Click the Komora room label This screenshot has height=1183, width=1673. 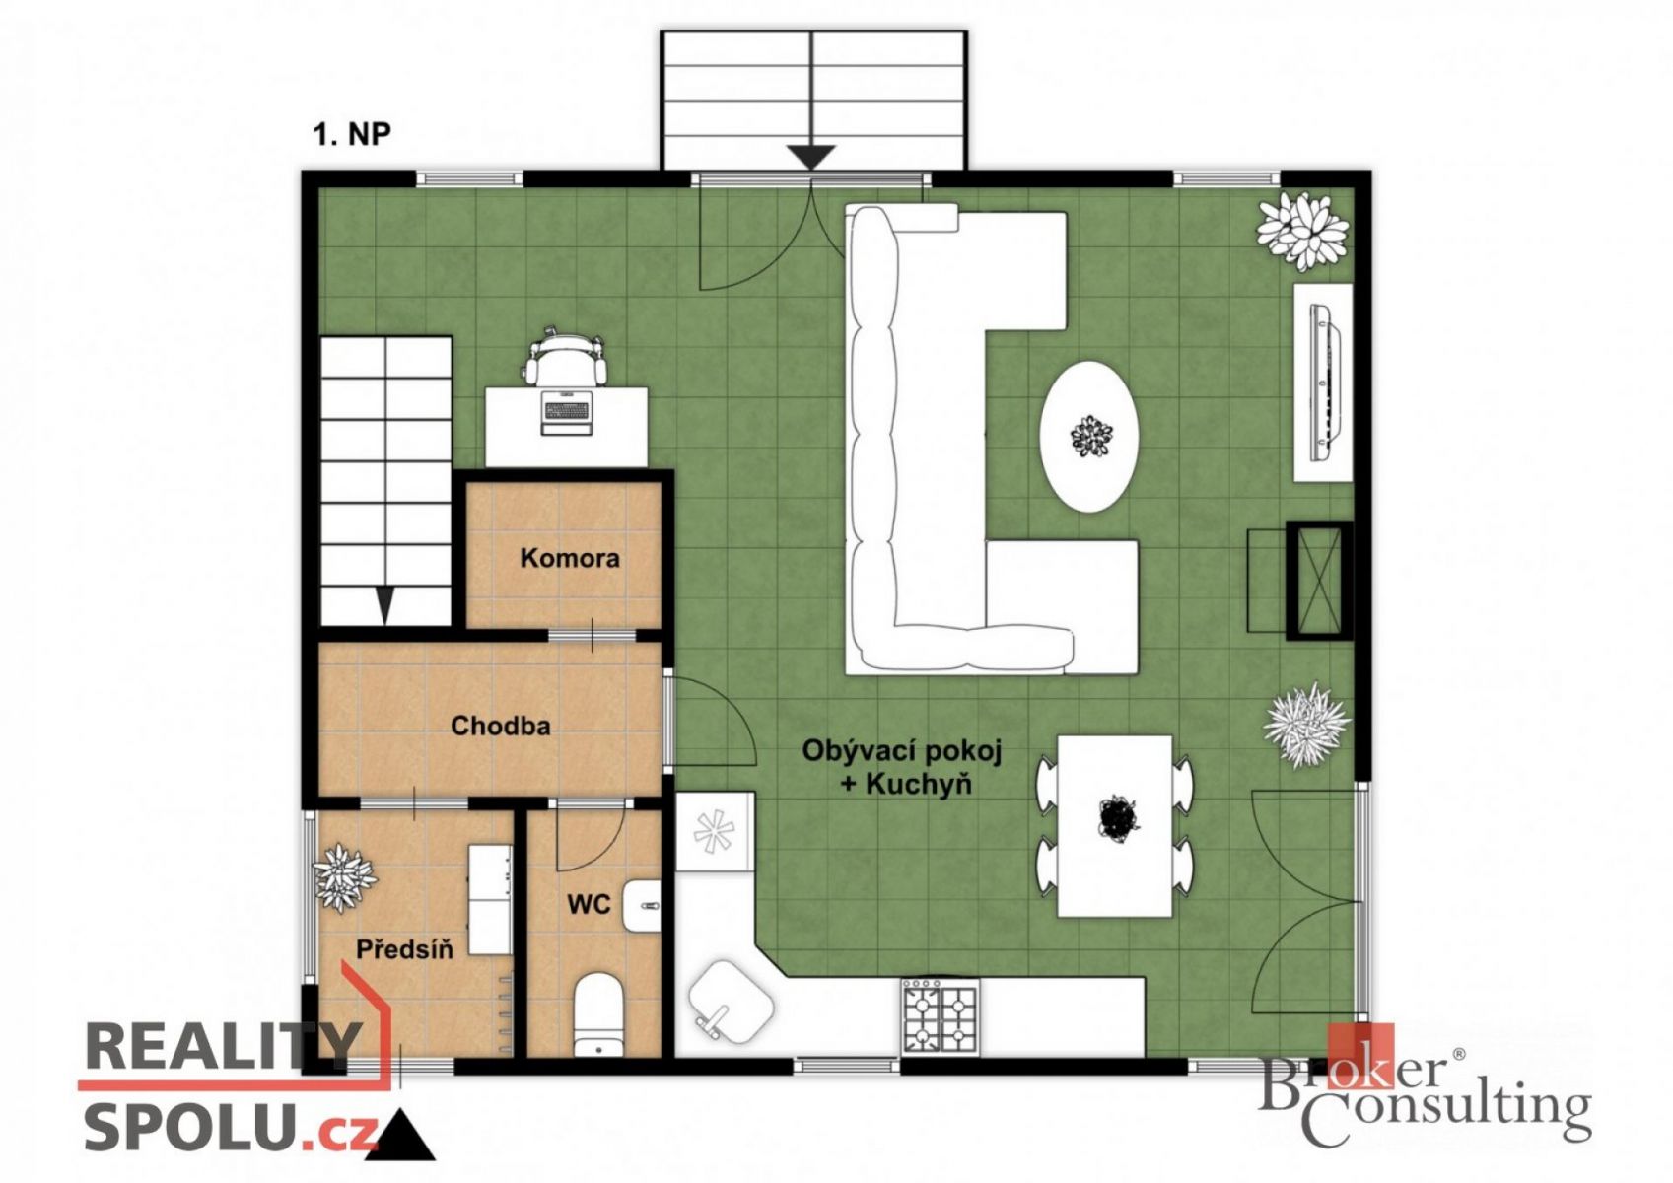(x=570, y=558)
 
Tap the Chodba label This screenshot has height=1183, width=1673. (x=501, y=726)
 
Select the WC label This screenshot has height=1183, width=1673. (x=589, y=904)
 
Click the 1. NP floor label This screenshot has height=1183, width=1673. (x=352, y=134)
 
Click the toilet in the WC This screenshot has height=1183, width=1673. (x=598, y=1013)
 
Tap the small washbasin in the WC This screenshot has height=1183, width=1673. (x=643, y=906)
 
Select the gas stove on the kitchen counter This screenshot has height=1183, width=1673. (x=941, y=1016)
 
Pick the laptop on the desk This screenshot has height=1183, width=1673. (x=565, y=412)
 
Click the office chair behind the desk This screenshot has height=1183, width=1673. (x=565, y=357)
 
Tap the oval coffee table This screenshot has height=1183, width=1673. (x=1089, y=437)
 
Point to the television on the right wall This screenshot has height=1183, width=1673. (x=1325, y=383)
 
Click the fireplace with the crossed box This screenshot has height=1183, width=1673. (x=1319, y=581)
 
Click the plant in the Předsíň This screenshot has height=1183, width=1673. (x=344, y=876)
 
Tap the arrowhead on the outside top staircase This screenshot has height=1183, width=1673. (x=811, y=158)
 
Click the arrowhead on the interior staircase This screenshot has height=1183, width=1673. (x=384, y=605)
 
